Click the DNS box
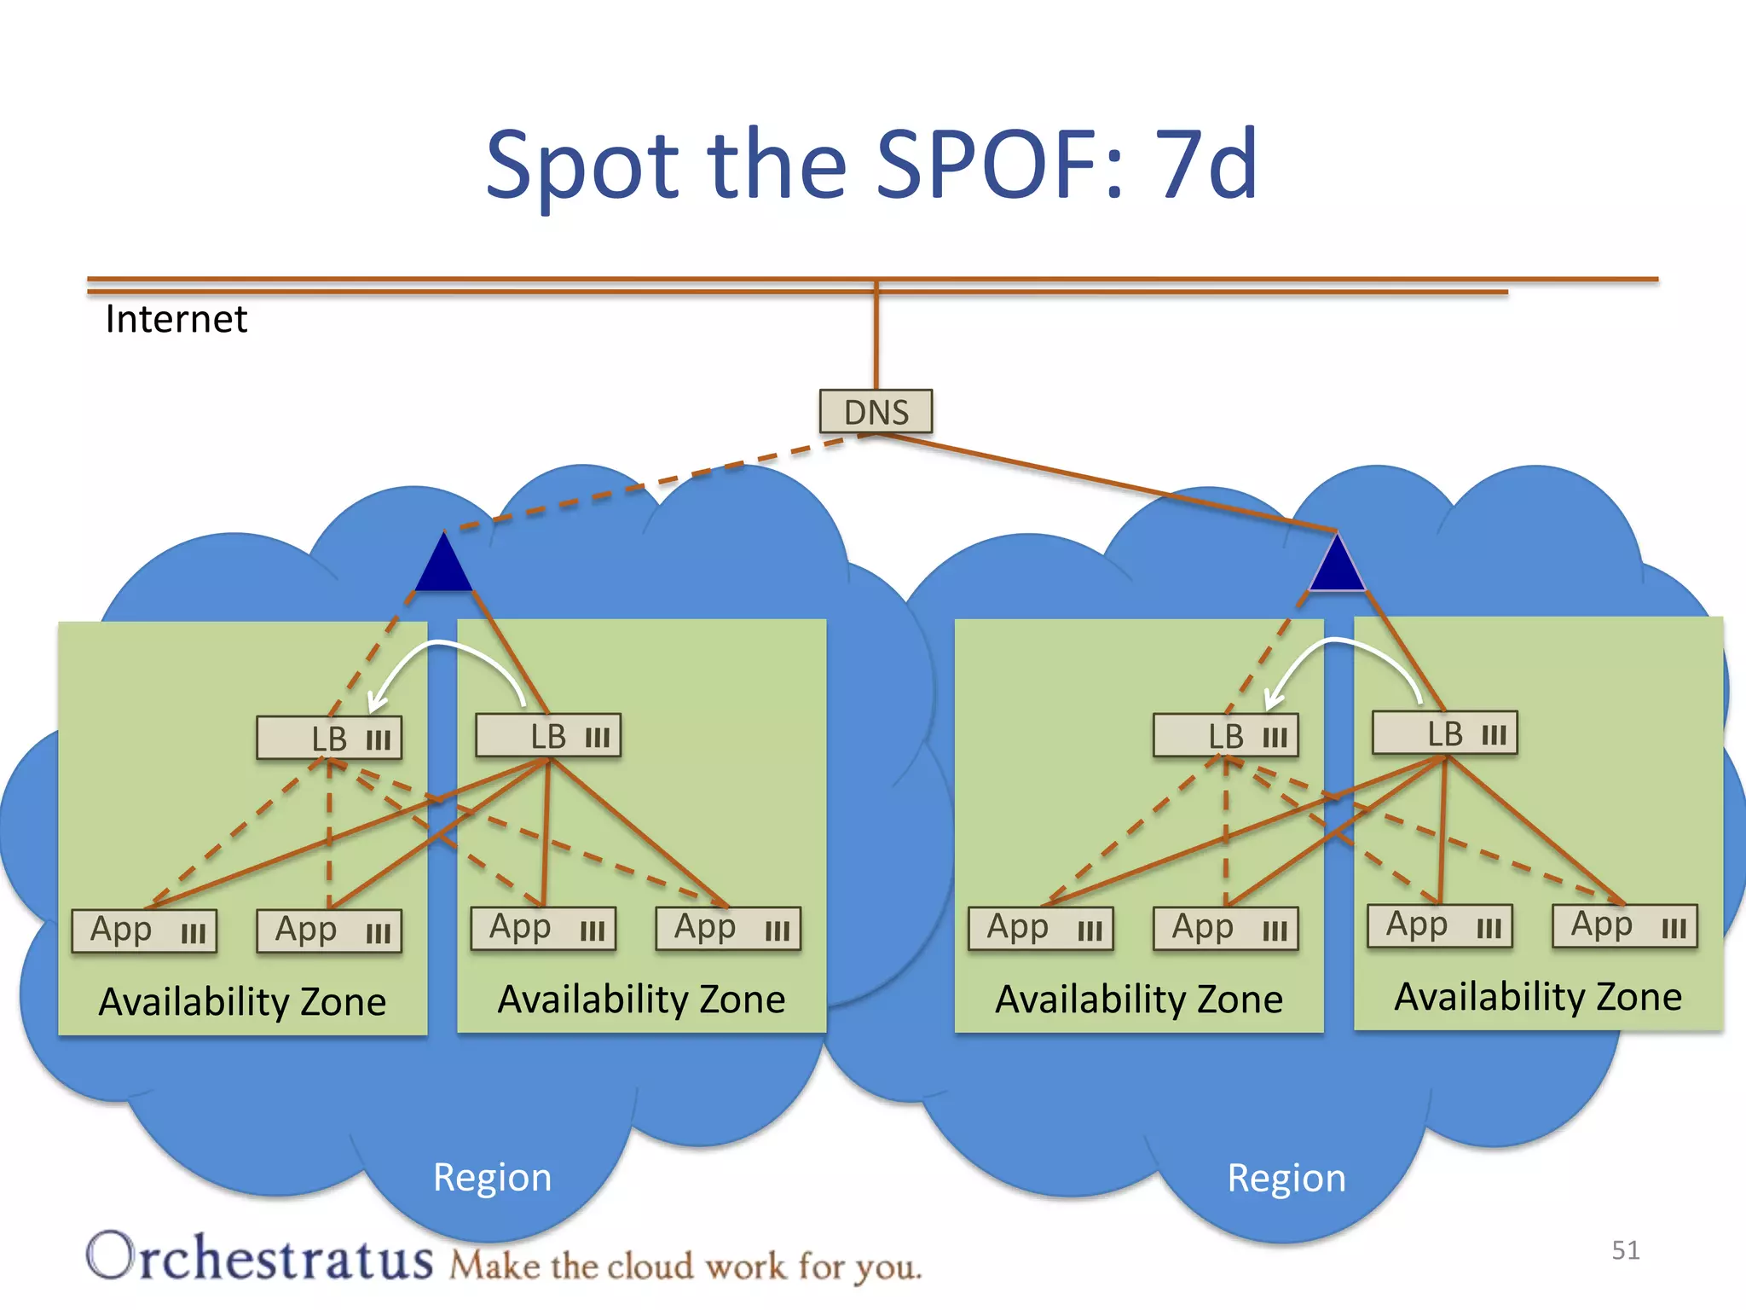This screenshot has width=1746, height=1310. (876, 412)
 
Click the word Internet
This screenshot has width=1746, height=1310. (176, 319)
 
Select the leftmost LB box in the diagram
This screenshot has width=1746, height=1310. (329, 739)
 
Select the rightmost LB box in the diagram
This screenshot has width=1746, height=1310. (1444, 733)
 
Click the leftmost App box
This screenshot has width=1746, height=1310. (144, 930)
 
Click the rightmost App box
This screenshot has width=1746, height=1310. (1624, 926)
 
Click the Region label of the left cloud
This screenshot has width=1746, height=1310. (492, 1178)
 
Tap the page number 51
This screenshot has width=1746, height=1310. (1625, 1250)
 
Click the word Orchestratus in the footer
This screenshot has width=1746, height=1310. (260, 1258)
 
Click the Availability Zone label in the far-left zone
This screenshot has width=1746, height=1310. (242, 1001)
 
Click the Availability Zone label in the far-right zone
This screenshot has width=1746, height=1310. (1538, 997)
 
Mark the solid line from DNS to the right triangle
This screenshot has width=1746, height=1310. (1108, 482)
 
